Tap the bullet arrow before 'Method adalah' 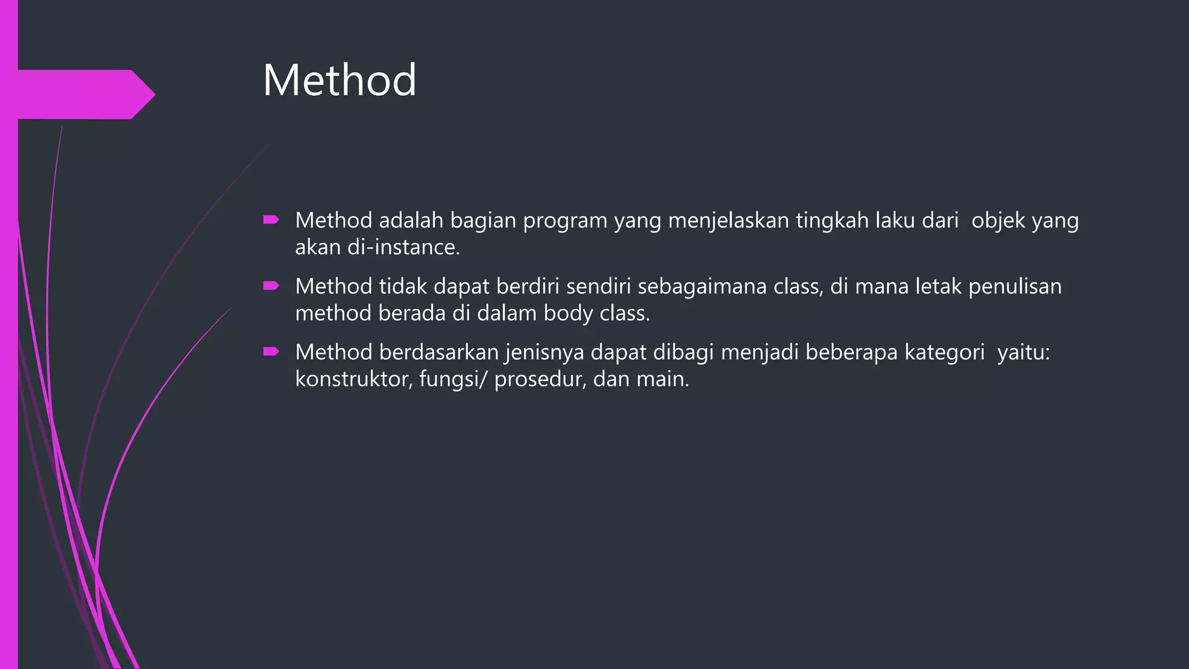click(x=271, y=220)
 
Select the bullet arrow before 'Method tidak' click(x=271, y=285)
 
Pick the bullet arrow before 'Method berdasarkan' click(x=271, y=351)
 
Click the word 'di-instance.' click(x=403, y=247)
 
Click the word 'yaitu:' click(x=1024, y=353)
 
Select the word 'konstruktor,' click(x=354, y=379)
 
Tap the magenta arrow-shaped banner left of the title click(x=81, y=94)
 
